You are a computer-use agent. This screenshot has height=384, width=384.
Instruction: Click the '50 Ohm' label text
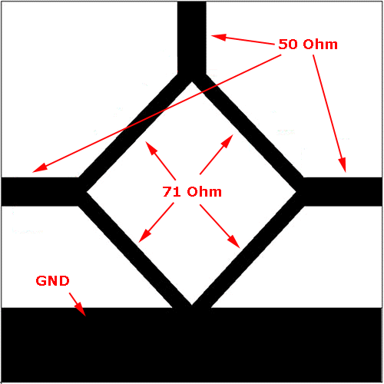click(308, 45)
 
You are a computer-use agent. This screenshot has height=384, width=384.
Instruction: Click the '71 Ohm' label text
click(192, 192)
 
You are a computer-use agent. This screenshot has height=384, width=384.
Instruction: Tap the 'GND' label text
click(52, 281)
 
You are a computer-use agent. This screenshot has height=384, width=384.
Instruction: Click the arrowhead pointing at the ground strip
click(81, 310)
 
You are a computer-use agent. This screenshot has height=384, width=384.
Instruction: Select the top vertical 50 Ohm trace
click(192, 38)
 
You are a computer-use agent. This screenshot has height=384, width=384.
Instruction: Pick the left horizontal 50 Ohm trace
click(41, 191)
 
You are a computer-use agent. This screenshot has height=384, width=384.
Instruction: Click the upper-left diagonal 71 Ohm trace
click(136, 133)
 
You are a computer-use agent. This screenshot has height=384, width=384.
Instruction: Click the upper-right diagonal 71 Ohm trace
click(248, 133)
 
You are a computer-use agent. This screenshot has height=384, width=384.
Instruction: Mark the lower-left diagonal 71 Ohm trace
click(136, 250)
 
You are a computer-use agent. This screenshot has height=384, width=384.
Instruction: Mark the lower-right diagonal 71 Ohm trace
click(248, 250)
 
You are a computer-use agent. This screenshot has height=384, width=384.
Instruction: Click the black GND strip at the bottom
click(192, 345)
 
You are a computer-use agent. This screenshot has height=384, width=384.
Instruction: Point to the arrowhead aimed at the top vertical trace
click(219, 37)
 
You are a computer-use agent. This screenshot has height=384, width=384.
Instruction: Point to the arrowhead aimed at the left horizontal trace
click(40, 168)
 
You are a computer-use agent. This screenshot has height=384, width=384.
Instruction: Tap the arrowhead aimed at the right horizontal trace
click(343, 165)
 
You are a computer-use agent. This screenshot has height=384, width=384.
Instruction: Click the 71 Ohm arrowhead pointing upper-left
click(151, 148)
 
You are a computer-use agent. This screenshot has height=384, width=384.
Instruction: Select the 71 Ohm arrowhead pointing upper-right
click(227, 141)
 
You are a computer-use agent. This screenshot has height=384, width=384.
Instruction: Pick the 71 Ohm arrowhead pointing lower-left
click(144, 236)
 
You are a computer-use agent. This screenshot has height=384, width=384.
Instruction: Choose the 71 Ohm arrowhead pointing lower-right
click(233, 241)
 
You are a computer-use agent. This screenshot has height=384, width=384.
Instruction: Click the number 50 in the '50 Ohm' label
click(288, 45)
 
